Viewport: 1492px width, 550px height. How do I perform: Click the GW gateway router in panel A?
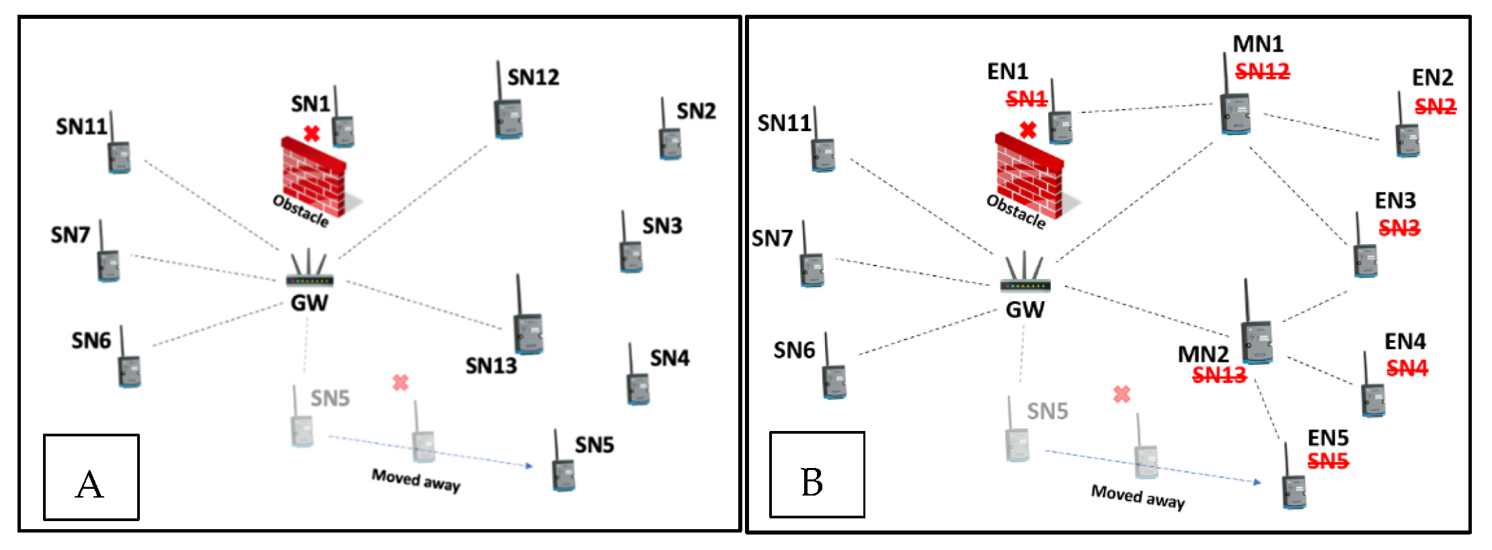pos(309,272)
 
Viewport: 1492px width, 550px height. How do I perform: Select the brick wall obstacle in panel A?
pos(313,178)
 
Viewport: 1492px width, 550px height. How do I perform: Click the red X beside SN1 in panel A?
pos(311,133)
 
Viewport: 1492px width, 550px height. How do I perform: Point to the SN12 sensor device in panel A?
pos(508,118)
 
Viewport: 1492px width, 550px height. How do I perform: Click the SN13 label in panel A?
pos(491,366)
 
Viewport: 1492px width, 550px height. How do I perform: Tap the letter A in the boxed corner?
pos(90,484)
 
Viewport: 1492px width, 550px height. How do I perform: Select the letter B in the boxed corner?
pos(812,482)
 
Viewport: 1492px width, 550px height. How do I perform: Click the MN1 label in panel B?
pos(1257,44)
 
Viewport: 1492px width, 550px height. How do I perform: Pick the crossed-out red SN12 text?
pos(1262,71)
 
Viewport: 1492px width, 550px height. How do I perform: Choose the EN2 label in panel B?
pos(1432,77)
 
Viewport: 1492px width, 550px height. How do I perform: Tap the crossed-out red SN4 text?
pos(1407,368)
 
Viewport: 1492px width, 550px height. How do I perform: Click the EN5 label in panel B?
pos(1327,438)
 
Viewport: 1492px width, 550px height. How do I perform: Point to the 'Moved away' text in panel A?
pos(416,480)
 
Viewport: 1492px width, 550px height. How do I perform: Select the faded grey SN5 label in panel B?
pos(1047,411)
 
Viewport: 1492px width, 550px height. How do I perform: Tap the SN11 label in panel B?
pos(783,124)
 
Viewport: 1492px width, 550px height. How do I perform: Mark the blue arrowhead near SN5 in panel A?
pos(529,465)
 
